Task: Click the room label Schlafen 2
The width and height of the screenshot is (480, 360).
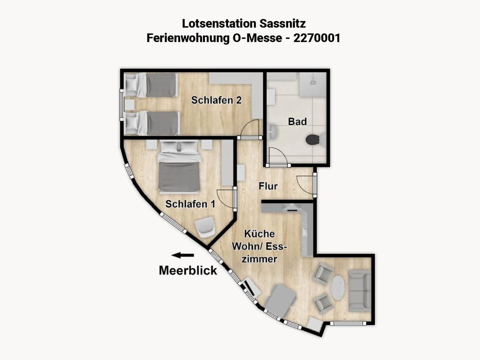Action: [216, 100]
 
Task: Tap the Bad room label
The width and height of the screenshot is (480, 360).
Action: [297, 121]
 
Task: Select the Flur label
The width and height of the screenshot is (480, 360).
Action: [268, 186]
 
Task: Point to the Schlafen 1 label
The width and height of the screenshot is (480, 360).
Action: [190, 204]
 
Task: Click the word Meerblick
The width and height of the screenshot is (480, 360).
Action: [188, 270]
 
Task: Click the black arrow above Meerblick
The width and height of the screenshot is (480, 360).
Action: [183, 255]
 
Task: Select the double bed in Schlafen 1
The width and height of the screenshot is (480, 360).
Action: [179, 167]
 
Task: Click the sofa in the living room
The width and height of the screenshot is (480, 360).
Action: [360, 291]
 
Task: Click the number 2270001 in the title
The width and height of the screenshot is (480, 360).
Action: [317, 38]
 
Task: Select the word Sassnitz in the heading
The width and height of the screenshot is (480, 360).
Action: [283, 24]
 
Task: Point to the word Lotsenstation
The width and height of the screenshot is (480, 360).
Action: [219, 24]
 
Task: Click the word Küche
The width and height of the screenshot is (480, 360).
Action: [259, 234]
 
